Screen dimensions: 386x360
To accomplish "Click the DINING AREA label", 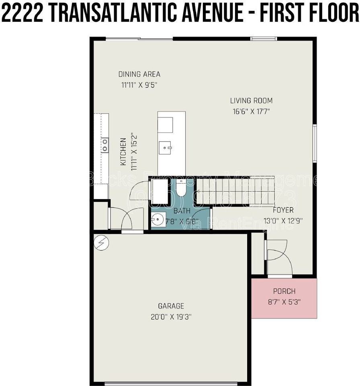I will point(139,74).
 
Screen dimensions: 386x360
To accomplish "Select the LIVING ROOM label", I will point(251,101).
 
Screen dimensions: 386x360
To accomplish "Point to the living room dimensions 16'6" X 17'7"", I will point(251,111).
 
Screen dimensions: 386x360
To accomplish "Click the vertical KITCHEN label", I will point(123,152).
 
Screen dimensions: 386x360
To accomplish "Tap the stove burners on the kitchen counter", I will point(105,145).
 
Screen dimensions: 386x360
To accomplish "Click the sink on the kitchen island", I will point(165,148).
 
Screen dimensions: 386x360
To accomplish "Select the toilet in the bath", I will point(181,188).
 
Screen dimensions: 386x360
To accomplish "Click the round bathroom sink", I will point(157,220).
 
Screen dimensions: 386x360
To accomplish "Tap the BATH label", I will point(179,211).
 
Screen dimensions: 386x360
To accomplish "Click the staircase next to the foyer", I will point(235,191).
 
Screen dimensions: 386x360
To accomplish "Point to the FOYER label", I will point(283,210).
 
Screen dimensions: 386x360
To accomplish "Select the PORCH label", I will point(284,291).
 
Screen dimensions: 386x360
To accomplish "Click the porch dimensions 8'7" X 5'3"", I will point(284,302).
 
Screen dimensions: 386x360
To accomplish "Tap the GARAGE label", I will point(171,306).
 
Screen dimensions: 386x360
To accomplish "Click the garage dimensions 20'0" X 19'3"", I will point(171,317).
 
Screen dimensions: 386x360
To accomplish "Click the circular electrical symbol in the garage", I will point(101,242).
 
